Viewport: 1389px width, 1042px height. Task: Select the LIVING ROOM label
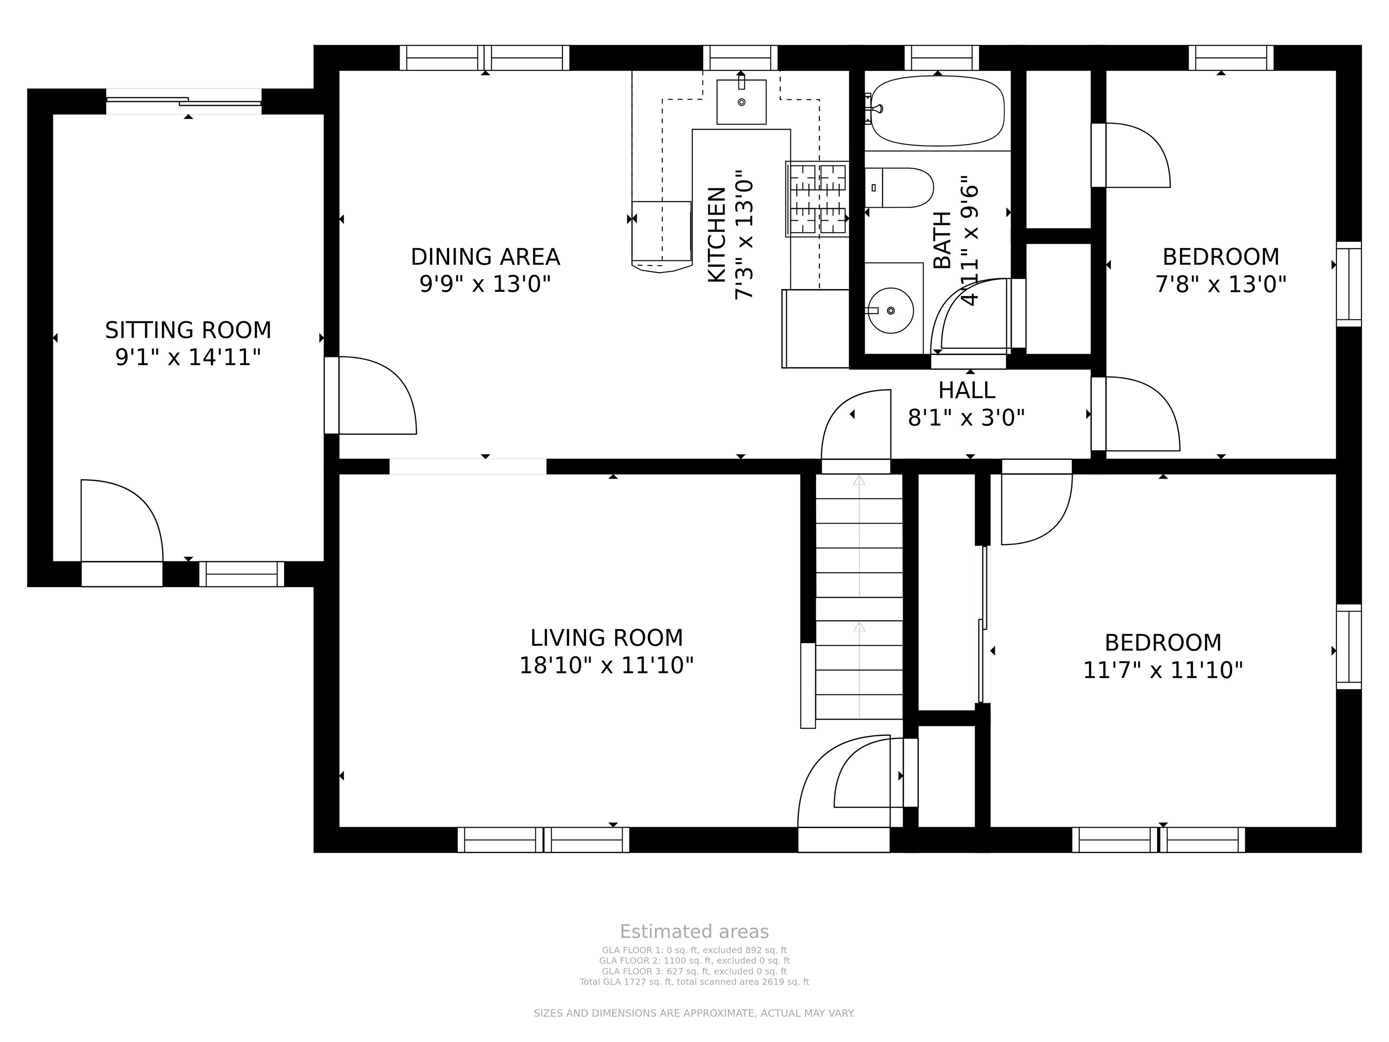pyautogui.click(x=607, y=638)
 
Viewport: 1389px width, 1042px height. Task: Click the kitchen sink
pyautogui.click(x=741, y=102)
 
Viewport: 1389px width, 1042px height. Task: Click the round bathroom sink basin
pyautogui.click(x=890, y=310)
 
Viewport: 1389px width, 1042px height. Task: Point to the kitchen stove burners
pyautogui.click(x=817, y=199)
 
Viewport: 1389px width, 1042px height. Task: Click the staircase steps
pyautogui.click(x=859, y=597)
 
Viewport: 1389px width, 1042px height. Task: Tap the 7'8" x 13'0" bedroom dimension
pyautogui.click(x=1221, y=284)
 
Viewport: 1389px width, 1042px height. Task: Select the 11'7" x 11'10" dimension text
pyautogui.click(x=1163, y=670)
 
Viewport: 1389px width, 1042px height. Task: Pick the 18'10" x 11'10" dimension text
pyautogui.click(x=607, y=665)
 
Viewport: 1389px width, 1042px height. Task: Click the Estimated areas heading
pyautogui.click(x=694, y=932)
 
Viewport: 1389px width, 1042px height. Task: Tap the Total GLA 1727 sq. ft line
pyautogui.click(x=694, y=982)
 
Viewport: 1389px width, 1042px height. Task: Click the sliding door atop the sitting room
pyautogui.click(x=184, y=101)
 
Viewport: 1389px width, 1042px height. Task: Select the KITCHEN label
pyautogui.click(x=717, y=235)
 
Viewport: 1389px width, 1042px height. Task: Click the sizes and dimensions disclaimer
pyautogui.click(x=694, y=1013)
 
